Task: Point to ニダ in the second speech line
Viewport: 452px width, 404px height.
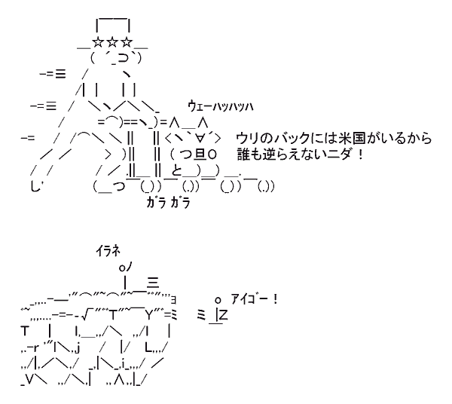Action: click(x=343, y=155)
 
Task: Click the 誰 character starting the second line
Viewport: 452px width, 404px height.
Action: click(x=244, y=155)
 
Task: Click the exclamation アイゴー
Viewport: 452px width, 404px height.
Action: click(x=252, y=299)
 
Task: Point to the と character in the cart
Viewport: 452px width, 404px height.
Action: click(x=176, y=171)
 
